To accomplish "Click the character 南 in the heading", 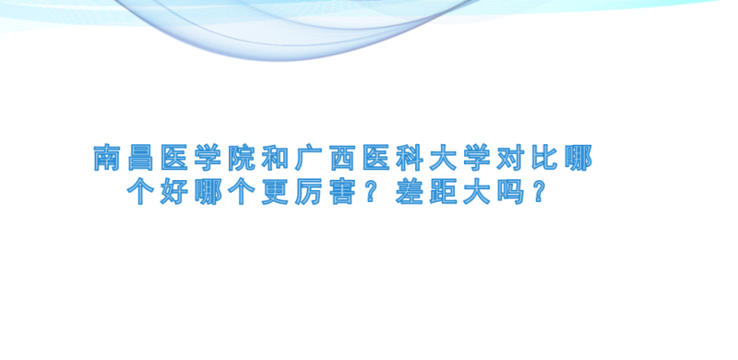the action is click(x=107, y=158).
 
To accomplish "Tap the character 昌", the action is click(x=141, y=158).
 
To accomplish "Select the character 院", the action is click(x=242, y=158).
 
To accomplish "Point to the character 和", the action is click(x=275, y=158).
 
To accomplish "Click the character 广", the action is click(x=308, y=158).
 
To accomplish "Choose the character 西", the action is click(x=342, y=158).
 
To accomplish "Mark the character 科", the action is click(x=409, y=158).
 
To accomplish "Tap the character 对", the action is click(x=510, y=158).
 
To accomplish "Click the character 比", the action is click(x=544, y=158).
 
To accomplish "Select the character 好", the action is click(x=174, y=192).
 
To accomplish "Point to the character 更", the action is click(x=275, y=192).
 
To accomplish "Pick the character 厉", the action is click(x=308, y=192).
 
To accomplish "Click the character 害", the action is click(x=342, y=192).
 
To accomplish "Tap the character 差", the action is click(x=409, y=192).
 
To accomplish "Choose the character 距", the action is click(x=443, y=192).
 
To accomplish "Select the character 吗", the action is click(x=510, y=192).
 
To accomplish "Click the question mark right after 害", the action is click(x=370, y=192).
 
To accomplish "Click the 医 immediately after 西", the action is click(x=375, y=158).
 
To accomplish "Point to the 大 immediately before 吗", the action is click(x=476, y=192).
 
